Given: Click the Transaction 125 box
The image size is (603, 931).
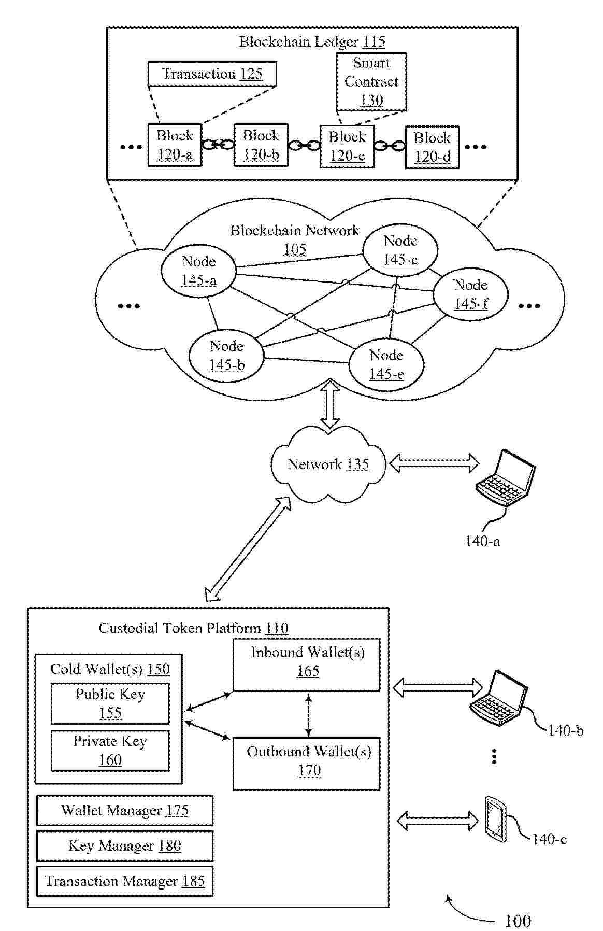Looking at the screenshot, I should pos(212,74).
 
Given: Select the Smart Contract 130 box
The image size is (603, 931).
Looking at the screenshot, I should pos(371,82).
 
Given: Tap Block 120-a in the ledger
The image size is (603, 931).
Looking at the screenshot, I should pos(175,145).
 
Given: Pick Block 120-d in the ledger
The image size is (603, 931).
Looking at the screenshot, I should pos(432,147).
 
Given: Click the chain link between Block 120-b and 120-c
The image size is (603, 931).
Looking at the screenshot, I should pos(304,146).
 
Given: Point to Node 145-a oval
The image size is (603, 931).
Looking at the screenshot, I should pos(199,271).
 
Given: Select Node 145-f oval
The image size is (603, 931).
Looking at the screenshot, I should pos(470,294).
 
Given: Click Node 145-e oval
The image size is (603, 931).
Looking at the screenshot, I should pos(386,365).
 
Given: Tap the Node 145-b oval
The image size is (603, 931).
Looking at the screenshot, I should pos(226,356).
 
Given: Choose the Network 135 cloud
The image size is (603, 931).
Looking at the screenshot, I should pos(328,464).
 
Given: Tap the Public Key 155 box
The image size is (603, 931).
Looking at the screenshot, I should pos(110,703).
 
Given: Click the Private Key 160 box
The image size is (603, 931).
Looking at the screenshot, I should pos(110,751).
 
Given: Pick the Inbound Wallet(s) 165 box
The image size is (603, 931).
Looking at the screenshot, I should pos(307,665).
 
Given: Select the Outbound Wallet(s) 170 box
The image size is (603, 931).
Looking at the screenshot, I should pos(307,764).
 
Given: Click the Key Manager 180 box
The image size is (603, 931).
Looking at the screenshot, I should pos(125,846).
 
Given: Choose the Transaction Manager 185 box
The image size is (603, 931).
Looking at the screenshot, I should pos(125,881).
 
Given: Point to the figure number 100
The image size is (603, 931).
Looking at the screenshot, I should pos(517,921).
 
